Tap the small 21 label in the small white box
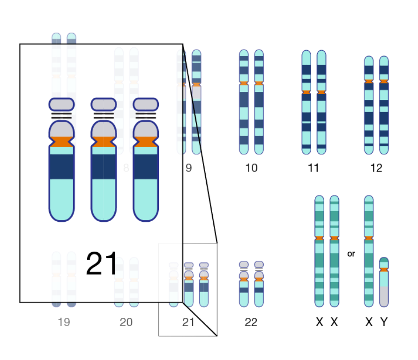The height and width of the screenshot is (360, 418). (x=188, y=322)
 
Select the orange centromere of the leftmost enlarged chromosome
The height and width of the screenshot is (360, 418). (x=61, y=142)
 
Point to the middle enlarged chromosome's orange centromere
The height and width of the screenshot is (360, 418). (x=104, y=142)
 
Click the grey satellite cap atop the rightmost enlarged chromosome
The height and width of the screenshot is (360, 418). (x=146, y=104)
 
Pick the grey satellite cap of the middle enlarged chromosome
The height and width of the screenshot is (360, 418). (x=104, y=104)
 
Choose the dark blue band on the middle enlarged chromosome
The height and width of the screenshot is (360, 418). (x=104, y=166)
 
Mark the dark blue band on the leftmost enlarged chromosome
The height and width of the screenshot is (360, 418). (x=61, y=166)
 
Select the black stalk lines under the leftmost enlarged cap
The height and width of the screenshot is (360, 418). (x=61, y=115)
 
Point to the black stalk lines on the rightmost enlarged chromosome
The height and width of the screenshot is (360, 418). (x=146, y=115)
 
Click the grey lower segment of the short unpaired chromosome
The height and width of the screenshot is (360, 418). (x=384, y=296)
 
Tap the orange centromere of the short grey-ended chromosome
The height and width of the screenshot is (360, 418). (x=384, y=270)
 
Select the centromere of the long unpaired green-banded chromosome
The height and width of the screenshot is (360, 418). (x=369, y=238)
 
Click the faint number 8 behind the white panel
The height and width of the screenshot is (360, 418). (x=126, y=168)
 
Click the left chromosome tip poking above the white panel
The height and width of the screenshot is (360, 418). (x=56, y=38)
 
